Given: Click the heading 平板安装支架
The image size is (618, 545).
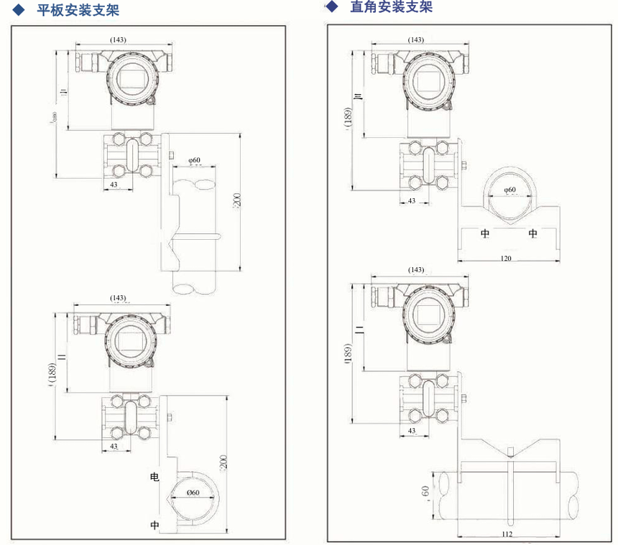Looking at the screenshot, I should click(x=78, y=10).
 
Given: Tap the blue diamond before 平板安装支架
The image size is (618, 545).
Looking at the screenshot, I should click(x=19, y=10).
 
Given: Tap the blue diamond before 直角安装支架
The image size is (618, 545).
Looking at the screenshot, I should click(x=331, y=7).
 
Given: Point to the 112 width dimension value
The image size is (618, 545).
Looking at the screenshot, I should click(x=508, y=534).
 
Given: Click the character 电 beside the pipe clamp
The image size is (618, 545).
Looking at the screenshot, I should click(x=154, y=477).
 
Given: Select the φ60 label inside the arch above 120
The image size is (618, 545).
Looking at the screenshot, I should click(x=509, y=190).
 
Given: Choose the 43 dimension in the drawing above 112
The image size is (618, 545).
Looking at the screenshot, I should click(x=412, y=431).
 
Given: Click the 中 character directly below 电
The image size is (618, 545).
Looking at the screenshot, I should click(x=154, y=525).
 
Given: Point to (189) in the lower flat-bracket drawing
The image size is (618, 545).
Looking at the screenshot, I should click(x=51, y=373).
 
